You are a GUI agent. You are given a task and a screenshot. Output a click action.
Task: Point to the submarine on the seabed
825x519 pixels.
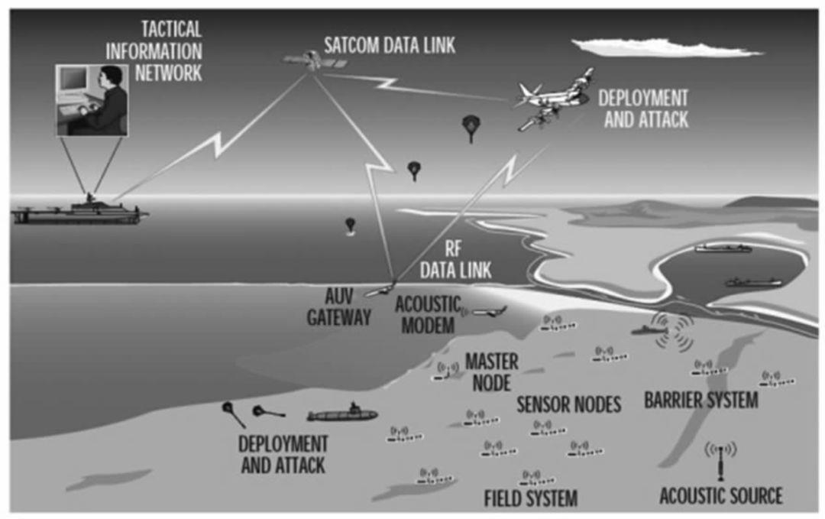click(342, 415)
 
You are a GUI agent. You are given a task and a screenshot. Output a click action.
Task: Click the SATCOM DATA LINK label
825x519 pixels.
click(390, 45)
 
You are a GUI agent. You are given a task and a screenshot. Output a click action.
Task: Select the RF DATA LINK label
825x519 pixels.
click(456, 260)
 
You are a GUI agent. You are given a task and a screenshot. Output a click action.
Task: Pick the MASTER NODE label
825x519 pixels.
click(491, 371)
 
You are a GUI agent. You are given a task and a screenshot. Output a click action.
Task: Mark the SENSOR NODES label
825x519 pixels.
click(569, 404)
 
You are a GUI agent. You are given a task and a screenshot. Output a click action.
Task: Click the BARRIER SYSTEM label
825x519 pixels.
click(701, 400)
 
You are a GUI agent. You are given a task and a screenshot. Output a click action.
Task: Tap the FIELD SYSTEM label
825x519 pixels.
click(530, 498)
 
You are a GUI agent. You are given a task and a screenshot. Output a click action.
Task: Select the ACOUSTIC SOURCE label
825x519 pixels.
click(721, 495)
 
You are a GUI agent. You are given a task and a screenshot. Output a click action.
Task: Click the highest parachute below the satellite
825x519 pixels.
click(471, 128)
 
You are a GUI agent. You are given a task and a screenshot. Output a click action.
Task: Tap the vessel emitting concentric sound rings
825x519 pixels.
click(649, 329)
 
